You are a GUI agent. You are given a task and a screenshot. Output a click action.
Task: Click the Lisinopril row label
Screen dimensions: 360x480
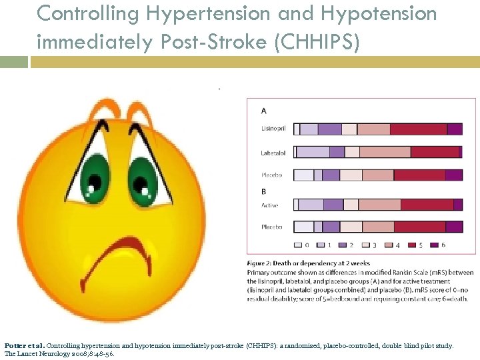pos(273,129)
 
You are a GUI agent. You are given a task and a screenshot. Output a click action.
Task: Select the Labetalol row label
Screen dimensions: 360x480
pos(273,153)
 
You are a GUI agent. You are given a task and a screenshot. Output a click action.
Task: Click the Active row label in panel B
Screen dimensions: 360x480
pos(270,205)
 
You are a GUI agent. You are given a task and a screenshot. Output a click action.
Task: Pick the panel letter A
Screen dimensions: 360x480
pos(263,110)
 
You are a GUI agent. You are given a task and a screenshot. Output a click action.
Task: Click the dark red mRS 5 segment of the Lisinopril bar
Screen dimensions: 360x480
pos(419,129)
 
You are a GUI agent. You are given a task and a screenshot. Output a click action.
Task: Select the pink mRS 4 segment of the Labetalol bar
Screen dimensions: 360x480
pos(385,153)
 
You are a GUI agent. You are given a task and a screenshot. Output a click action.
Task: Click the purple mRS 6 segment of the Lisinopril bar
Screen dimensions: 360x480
pos(455,129)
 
